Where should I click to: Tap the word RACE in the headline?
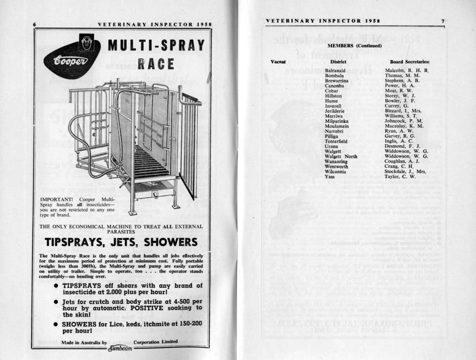coord(156,64)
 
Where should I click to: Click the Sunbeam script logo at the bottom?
coord(121,348)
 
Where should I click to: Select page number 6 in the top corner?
coord(34,24)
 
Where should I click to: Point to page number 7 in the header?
coord(443,21)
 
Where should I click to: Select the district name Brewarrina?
coord(336,81)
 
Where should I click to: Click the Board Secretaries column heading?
coord(409,62)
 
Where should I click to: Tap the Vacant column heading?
coord(278,62)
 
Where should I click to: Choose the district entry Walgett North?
coord(341,156)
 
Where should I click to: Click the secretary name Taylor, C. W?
coord(400,176)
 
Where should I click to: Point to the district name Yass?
coord(329,176)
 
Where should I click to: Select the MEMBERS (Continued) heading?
coord(355,46)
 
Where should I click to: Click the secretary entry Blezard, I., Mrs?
coord(403,111)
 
